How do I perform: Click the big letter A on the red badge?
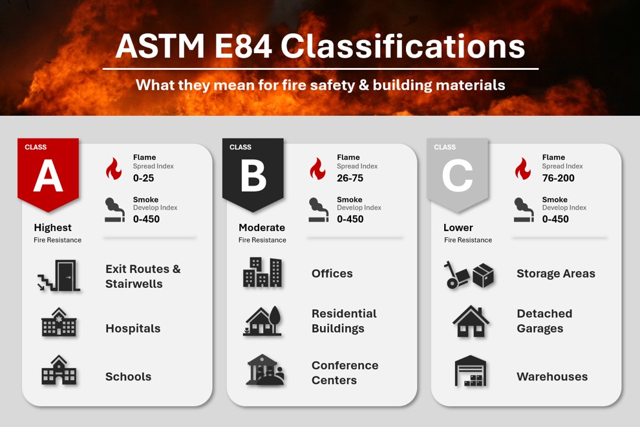[48, 175]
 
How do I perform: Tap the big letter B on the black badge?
[253, 175]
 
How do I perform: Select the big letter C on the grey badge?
[458, 175]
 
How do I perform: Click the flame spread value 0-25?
[144, 178]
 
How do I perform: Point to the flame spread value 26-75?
[350, 178]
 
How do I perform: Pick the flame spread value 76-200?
[559, 178]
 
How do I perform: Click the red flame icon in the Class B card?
[317, 169]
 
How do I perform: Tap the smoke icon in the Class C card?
[524, 210]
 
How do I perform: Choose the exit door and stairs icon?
[59, 276]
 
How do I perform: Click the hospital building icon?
[59, 322]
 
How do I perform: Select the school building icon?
[59, 370]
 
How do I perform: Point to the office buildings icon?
[262, 272]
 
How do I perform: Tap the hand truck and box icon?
[469, 274]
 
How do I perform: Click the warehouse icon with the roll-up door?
[471, 371]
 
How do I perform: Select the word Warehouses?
[552, 377]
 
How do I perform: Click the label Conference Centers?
[345, 373]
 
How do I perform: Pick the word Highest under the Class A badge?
[52, 228]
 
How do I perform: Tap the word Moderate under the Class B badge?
[262, 228]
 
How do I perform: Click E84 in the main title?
[243, 46]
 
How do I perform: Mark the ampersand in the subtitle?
[364, 85]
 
